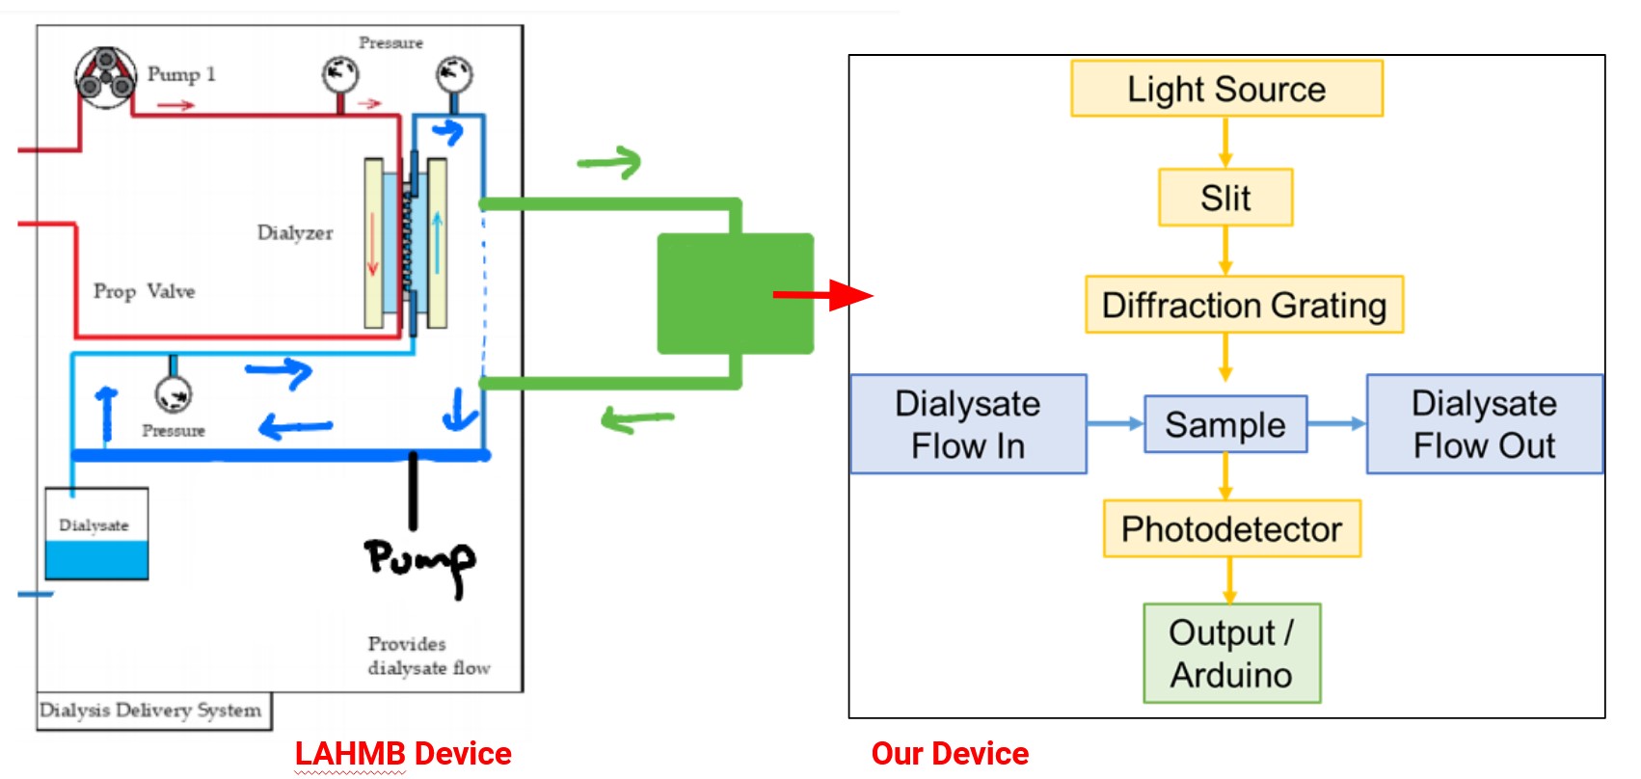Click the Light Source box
point(1227,89)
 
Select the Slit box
point(1225,198)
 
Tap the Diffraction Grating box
point(1245,305)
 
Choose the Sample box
point(1225,424)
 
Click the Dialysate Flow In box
point(968,424)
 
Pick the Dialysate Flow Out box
point(1485,424)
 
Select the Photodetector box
point(1232,529)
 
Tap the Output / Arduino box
point(1232,654)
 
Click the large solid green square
point(736,294)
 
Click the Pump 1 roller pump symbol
point(105,77)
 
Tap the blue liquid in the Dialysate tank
point(96,560)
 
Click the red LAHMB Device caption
point(403,753)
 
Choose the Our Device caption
point(950,753)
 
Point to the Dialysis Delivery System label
point(150,711)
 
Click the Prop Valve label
point(145,291)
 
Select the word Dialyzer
point(295,233)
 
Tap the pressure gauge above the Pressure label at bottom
point(174,394)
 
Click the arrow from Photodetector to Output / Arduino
point(1230,580)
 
